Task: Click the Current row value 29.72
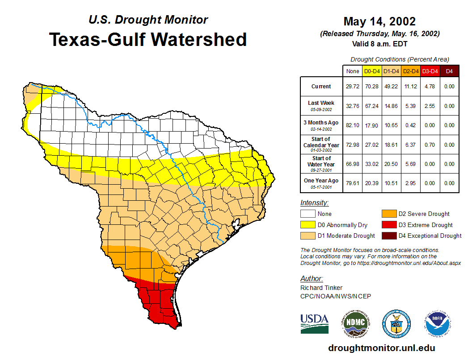click(352, 87)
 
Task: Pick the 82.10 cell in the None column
click(352, 125)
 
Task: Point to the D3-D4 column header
click(430, 71)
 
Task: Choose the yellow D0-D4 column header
click(372, 71)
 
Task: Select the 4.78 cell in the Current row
click(430, 87)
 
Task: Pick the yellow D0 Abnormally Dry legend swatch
click(307, 225)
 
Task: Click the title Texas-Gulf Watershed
click(148, 39)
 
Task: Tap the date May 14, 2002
click(379, 21)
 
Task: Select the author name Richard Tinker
click(321, 288)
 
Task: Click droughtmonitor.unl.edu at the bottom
click(381, 348)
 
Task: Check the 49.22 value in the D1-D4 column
click(391, 87)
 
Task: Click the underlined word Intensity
click(314, 203)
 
